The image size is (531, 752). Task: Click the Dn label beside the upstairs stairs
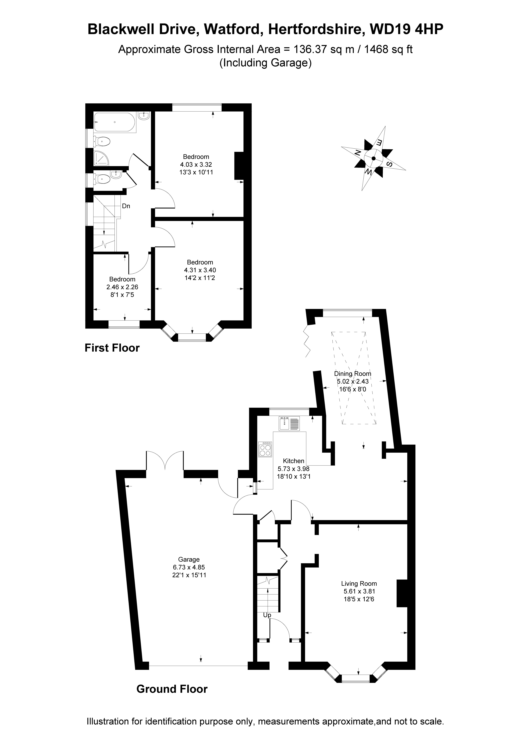coord(126,206)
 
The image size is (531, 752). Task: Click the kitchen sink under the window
coord(289,423)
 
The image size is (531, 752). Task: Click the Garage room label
coord(189,559)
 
